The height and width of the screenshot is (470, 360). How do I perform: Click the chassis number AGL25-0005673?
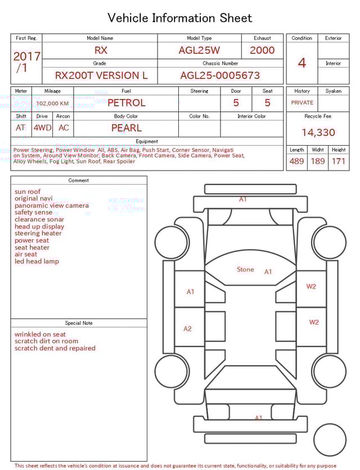pos(220,75)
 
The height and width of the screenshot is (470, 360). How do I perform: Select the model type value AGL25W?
pos(199,50)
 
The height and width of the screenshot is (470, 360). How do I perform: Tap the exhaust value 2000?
pos(262,50)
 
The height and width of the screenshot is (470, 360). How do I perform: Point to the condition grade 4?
pos(301,62)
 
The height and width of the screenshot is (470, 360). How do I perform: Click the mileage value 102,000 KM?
pos(53,104)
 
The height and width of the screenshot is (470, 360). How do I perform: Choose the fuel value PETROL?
pos(126,103)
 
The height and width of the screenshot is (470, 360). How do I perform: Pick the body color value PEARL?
pos(126,128)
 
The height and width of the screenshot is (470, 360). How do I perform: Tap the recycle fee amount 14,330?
pos(318,133)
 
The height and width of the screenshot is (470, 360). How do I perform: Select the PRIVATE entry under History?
pos(302,103)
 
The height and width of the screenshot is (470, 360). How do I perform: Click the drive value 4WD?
pos(42,128)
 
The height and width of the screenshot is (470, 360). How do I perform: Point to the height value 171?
pos(339,161)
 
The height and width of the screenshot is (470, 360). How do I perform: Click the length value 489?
pos(296,161)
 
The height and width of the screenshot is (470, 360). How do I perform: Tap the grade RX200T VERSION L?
pos(101,75)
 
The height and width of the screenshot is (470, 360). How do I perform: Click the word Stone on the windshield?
pos(245,270)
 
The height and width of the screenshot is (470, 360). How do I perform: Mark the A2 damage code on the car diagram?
pos(188,329)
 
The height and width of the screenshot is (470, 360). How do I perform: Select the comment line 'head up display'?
pos(39,227)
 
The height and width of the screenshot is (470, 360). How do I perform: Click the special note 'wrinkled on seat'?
pos(40,334)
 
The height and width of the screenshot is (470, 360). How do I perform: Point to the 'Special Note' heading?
pos(79,323)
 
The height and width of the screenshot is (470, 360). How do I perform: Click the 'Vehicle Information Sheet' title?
pos(180,18)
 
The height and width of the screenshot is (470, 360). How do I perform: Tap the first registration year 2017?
pos(26,56)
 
